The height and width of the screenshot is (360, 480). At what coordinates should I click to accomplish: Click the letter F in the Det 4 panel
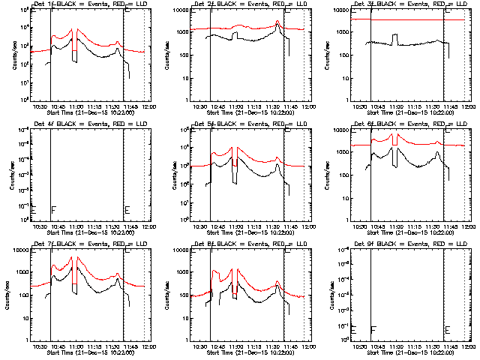[53, 209]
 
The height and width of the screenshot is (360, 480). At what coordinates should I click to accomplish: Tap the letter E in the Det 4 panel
[127, 209]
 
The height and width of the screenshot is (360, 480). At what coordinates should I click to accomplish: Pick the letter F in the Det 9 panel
[373, 330]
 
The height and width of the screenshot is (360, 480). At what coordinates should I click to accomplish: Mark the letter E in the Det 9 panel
[448, 330]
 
